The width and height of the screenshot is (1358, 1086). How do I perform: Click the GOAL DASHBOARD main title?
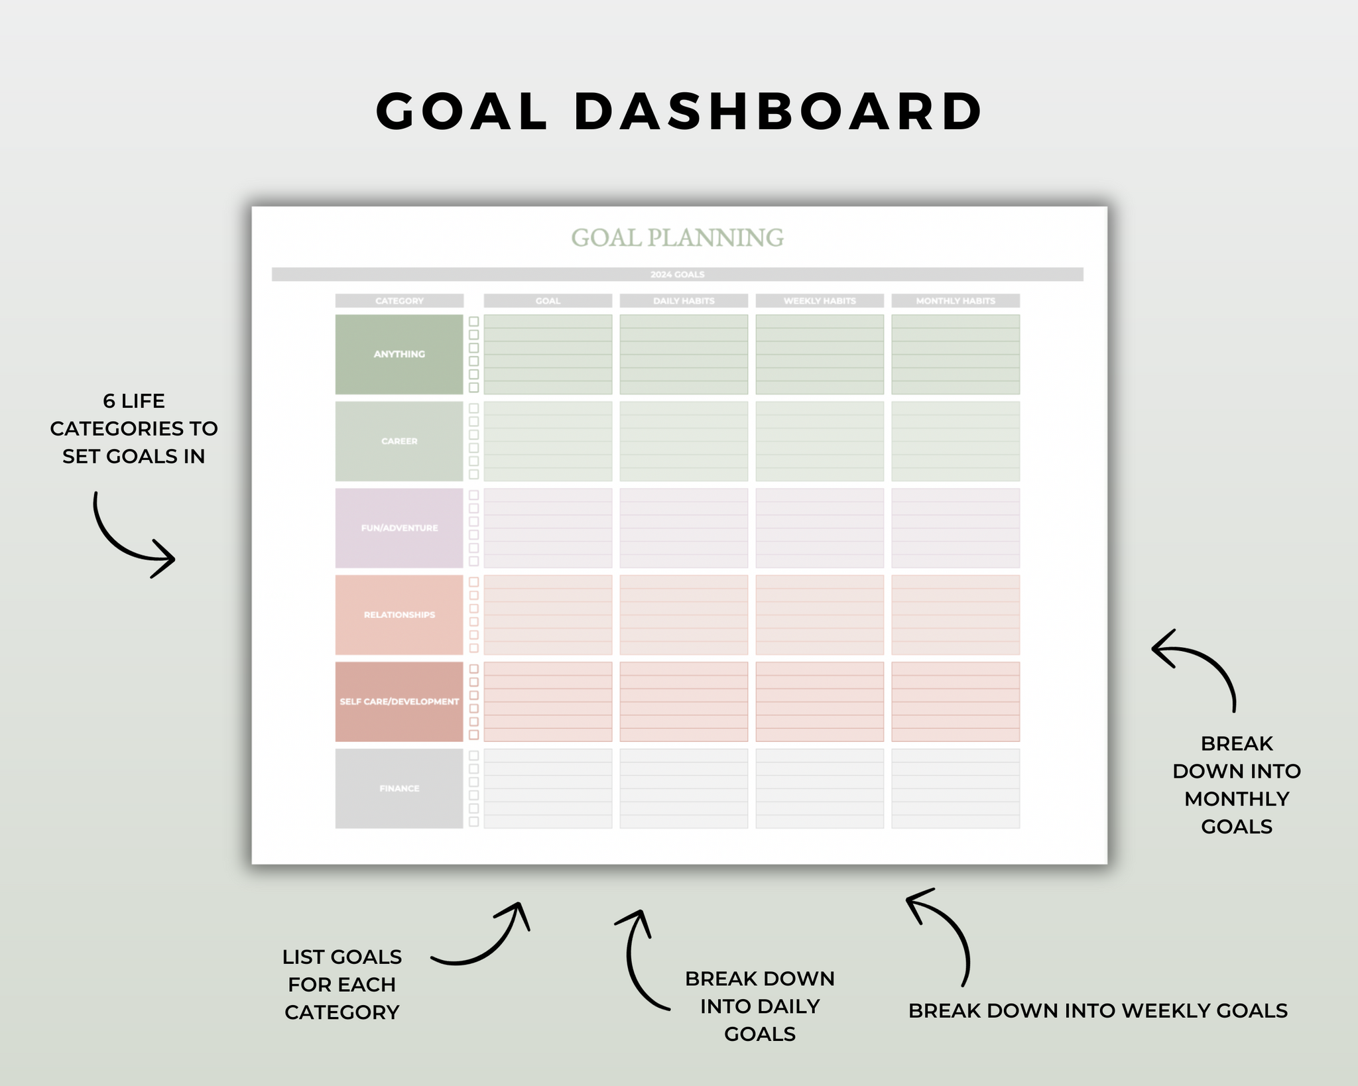coord(679,111)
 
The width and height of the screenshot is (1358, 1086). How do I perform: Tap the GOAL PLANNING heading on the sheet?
coord(677,237)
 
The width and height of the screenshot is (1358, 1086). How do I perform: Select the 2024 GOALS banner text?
coord(677,274)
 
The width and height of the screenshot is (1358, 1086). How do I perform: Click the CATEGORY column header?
coord(399,301)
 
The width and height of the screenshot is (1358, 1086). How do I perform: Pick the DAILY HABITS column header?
coord(684,301)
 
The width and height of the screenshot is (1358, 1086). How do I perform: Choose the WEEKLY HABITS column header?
coord(820,301)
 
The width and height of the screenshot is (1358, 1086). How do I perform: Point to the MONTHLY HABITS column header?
coord(956,301)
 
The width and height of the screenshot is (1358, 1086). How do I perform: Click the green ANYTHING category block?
coord(399,354)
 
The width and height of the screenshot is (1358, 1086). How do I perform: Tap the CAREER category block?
coord(399,441)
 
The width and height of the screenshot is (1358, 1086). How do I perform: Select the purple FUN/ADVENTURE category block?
coord(399,528)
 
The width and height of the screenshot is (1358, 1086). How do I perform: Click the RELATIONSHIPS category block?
coord(399,615)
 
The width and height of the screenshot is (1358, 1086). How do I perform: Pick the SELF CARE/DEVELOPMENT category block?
coord(399,701)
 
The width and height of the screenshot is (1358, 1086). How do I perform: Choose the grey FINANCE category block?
coord(399,788)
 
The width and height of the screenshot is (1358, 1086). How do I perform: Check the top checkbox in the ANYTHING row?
coord(473,322)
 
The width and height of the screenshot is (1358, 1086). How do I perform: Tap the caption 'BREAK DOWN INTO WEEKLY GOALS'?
coord(1097,1010)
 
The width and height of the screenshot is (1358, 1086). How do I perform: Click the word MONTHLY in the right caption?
coord(1237,799)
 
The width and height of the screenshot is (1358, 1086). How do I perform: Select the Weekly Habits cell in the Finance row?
coord(820,788)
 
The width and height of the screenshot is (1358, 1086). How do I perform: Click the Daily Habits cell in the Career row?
coord(684,441)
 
